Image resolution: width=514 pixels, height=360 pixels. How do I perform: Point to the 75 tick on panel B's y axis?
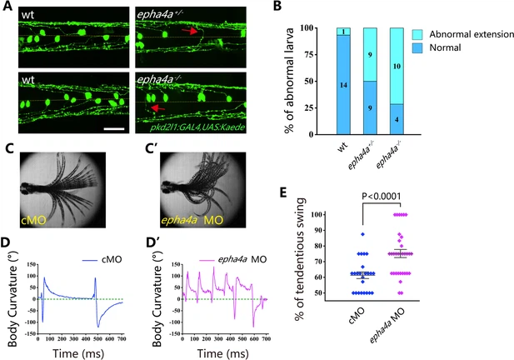pos(307,55)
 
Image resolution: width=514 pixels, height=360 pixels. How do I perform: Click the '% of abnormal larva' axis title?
pos(285,81)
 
